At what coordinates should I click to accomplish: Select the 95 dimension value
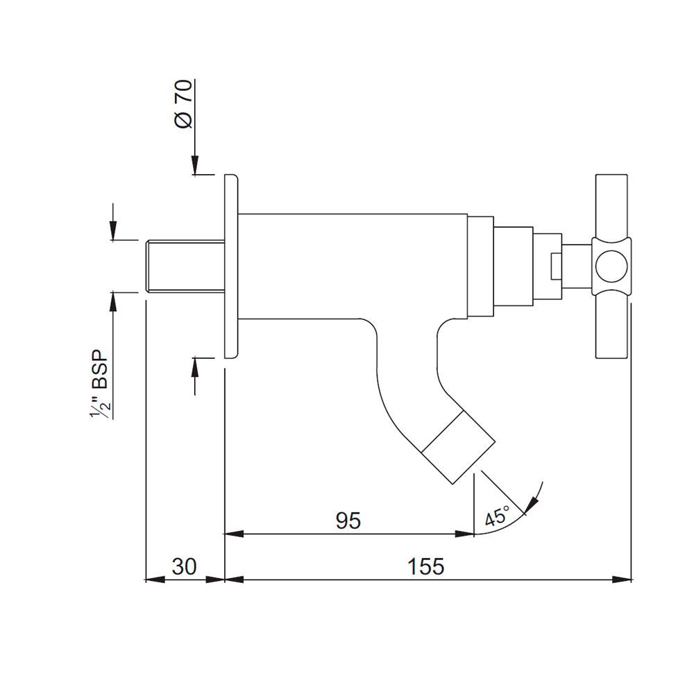348,520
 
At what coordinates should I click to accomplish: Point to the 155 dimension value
426,566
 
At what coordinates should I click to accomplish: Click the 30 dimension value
184,566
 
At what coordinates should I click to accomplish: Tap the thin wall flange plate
230,266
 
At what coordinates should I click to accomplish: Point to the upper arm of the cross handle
611,205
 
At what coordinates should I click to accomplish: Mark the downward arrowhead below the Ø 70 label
195,166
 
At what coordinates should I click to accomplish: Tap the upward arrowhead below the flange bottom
195,366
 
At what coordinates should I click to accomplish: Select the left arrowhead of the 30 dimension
152,579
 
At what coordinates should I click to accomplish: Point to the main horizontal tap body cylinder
354,265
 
